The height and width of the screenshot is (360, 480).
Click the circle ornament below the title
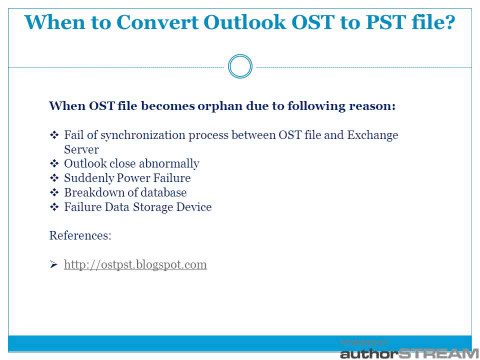click(x=239, y=67)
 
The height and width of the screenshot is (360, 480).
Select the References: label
click(x=80, y=236)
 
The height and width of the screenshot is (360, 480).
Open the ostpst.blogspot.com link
click(x=135, y=265)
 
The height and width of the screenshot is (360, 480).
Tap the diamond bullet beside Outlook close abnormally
click(x=54, y=163)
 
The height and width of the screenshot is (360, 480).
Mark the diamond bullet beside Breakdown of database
click(x=54, y=192)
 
